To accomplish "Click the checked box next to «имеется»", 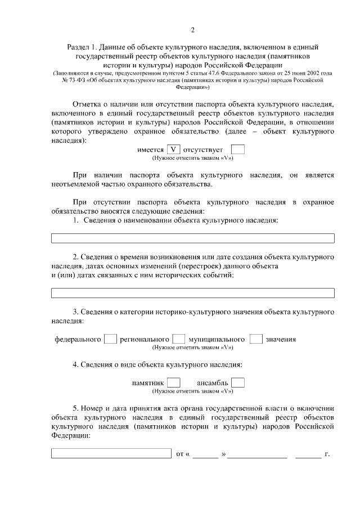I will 174,150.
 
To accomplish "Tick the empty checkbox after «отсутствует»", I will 238,150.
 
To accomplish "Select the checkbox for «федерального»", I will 111,339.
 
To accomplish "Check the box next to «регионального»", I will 178,339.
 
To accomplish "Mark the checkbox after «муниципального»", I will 256,339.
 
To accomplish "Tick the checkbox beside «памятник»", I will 174,382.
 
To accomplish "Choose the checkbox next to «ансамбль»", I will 238,382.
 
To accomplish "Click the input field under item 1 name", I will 192,238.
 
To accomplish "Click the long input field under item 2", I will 192,292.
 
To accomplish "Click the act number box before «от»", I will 111,453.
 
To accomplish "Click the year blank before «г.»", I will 308,453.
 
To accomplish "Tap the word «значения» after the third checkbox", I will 281,340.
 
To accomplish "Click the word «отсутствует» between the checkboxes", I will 203,150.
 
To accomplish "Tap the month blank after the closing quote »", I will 257,453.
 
